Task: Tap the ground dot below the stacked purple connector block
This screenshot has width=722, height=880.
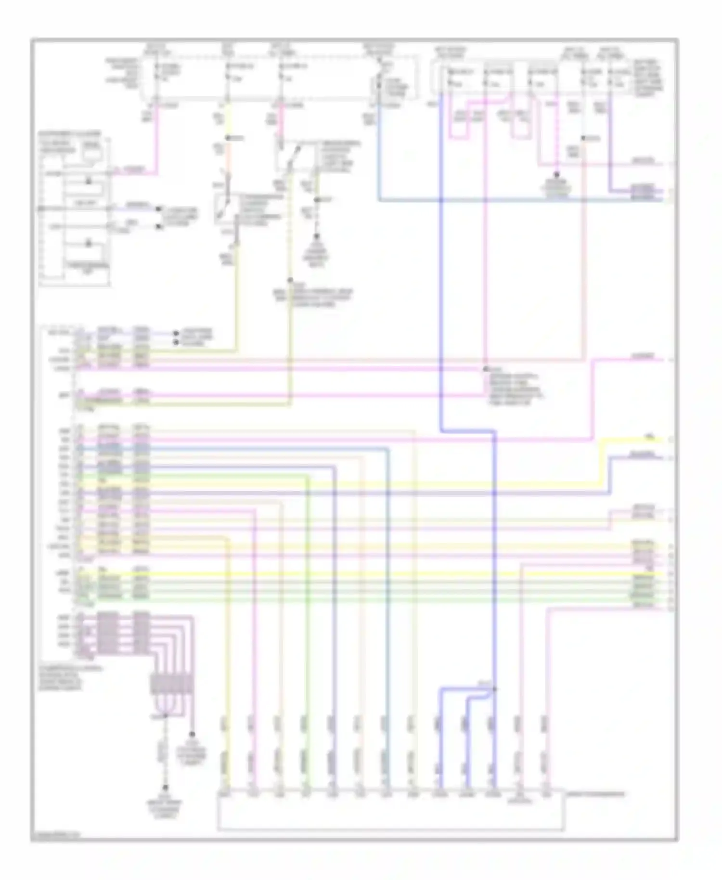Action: click(x=192, y=735)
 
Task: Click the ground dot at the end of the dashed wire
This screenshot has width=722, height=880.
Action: click(x=165, y=788)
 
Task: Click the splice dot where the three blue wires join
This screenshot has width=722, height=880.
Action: click(x=494, y=689)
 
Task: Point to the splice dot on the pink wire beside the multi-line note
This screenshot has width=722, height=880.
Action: click(x=486, y=369)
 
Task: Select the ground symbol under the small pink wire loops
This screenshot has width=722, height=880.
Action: click(x=557, y=176)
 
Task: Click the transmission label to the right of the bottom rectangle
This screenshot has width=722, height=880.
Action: click(x=597, y=794)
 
